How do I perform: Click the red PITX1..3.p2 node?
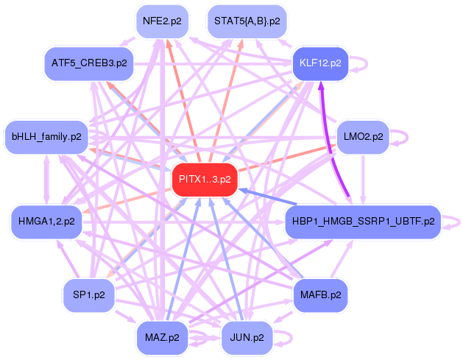(x=205, y=179)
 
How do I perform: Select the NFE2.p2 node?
(x=162, y=21)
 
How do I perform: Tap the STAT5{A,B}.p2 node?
(x=247, y=21)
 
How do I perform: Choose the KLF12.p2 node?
(x=320, y=63)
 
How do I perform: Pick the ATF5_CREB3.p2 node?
(x=89, y=63)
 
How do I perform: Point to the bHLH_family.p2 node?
(x=46, y=136)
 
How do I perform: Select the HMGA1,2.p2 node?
(x=46, y=220)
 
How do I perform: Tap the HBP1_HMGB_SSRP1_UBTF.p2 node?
(x=362, y=220)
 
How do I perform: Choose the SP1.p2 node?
(x=89, y=294)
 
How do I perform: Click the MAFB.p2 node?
(x=320, y=294)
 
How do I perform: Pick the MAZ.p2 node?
(x=162, y=337)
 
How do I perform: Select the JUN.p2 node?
(x=247, y=337)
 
